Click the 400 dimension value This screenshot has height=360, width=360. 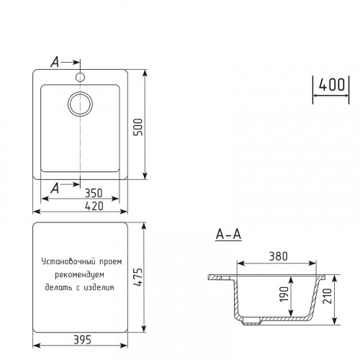click(x=330, y=84)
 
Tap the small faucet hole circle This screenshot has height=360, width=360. click(x=80, y=76)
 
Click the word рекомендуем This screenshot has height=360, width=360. click(x=81, y=276)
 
